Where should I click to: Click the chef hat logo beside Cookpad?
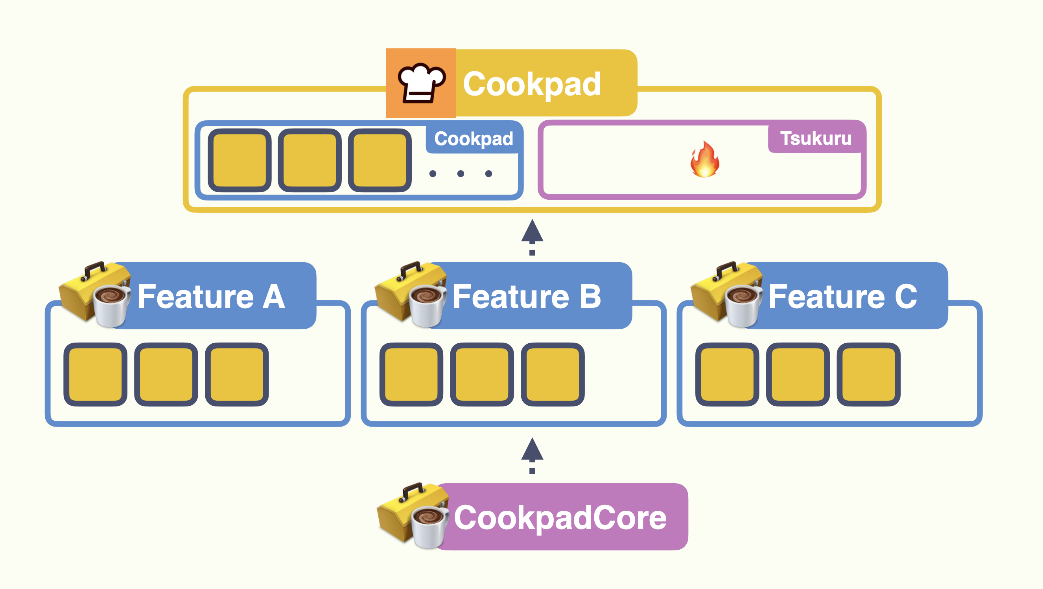click(421, 83)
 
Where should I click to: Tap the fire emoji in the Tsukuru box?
click(705, 160)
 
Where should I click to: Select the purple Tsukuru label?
click(815, 138)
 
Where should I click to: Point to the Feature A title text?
click(211, 297)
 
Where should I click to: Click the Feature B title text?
click(526, 297)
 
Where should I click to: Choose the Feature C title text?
click(842, 297)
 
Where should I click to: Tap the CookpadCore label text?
click(560, 518)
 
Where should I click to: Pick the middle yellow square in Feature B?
click(482, 374)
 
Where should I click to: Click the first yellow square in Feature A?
click(96, 374)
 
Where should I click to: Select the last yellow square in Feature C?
click(868, 374)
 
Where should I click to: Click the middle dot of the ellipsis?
click(461, 174)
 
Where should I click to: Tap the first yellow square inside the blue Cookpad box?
click(240, 160)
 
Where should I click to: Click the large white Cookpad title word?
click(532, 84)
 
